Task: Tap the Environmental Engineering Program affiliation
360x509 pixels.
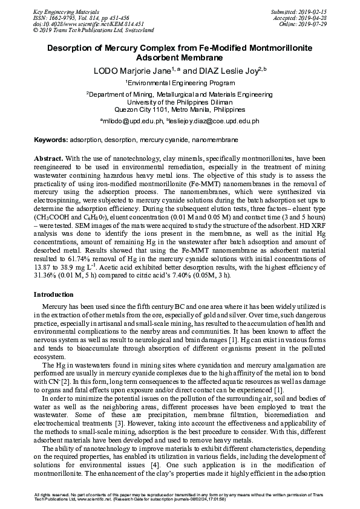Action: click(180, 82)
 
